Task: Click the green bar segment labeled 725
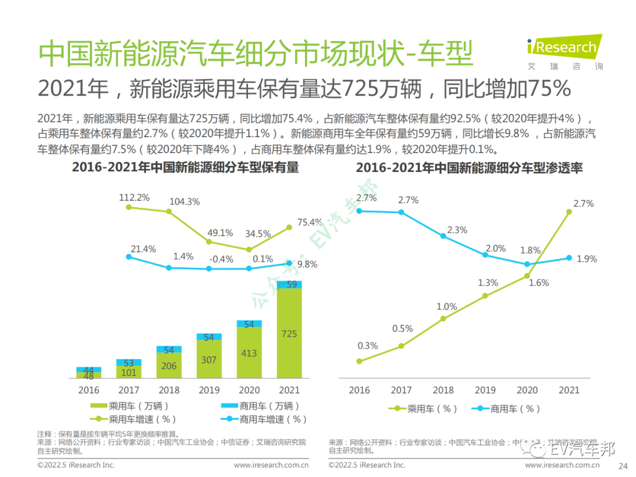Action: pyautogui.click(x=289, y=333)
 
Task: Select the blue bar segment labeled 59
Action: pyautogui.click(x=289, y=284)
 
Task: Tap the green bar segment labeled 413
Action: pyautogui.click(x=249, y=353)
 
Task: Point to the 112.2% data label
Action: pyautogui.click(x=134, y=197)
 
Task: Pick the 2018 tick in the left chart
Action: pyautogui.click(x=169, y=390)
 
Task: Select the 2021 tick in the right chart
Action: pyautogui.click(x=569, y=390)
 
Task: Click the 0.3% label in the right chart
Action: pyautogui.click(x=367, y=346)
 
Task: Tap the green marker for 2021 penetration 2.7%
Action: pyautogui.click(x=569, y=213)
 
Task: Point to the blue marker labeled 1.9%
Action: pyautogui.click(x=569, y=258)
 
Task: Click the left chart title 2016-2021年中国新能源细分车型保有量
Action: pyautogui.click(x=185, y=168)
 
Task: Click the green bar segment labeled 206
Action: pyautogui.click(x=169, y=365)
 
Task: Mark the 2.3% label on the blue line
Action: pyautogui.click(x=456, y=230)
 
